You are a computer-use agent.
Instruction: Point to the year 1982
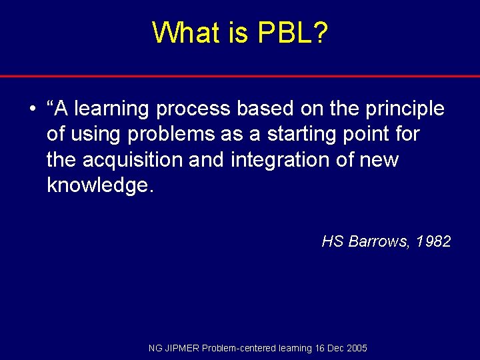coord(433,241)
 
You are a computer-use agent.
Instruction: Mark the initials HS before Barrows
coord(332,241)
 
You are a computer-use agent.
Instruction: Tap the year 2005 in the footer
coord(356,348)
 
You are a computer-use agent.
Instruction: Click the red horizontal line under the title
coord(240,76)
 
